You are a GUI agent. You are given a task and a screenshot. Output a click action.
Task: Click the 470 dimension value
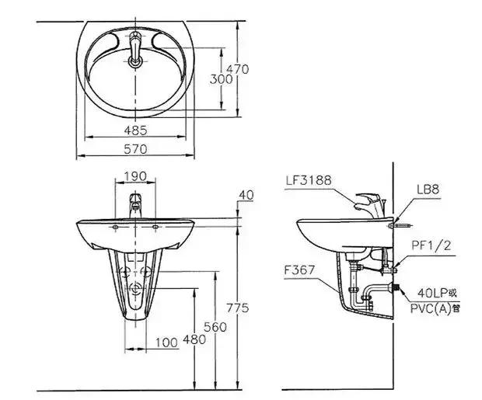[x=237, y=69]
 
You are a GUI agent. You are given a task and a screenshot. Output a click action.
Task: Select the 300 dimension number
[x=221, y=79]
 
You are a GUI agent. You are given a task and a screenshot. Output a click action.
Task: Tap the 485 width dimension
[x=135, y=130]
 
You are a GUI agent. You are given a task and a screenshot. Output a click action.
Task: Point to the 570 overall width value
[x=135, y=149]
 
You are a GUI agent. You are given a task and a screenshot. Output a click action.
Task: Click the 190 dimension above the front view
[x=135, y=176]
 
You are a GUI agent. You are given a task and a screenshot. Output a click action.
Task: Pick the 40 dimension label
[x=246, y=195]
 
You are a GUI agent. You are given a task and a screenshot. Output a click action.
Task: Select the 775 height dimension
[x=238, y=308]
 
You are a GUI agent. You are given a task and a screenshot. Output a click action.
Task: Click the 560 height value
[x=215, y=327]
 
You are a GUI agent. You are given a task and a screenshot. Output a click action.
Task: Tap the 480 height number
[x=194, y=339]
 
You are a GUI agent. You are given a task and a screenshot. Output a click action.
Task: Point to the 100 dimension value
[x=166, y=343]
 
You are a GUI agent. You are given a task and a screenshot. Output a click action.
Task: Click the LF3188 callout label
[x=309, y=180]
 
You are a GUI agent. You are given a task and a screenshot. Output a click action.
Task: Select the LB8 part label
[x=428, y=190]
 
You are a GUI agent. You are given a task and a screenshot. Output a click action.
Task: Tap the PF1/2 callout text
[x=431, y=245]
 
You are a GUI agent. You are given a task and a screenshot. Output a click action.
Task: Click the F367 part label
[x=299, y=270]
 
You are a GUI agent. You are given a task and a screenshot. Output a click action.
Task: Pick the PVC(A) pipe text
[x=435, y=308]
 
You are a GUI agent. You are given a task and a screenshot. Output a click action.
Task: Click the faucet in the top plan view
[x=135, y=49]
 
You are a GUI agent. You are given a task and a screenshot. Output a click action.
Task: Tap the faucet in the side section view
[x=370, y=205]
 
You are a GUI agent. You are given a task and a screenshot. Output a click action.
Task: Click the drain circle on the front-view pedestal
[x=135, y=288]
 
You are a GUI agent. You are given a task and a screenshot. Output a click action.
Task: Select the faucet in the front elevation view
[x=135, y=205]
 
